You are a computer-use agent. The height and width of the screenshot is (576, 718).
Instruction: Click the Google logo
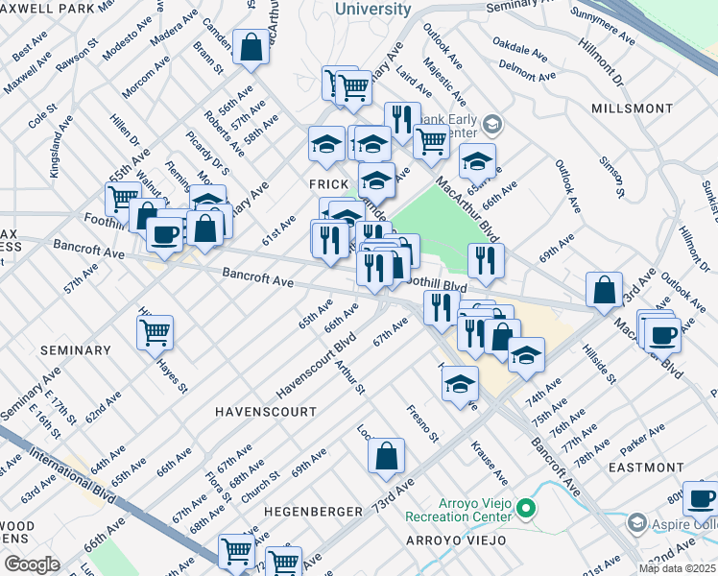point(33,564)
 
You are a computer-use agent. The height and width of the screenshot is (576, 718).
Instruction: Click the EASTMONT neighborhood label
point(645,467)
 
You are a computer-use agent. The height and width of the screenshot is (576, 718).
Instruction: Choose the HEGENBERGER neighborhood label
point(312,512)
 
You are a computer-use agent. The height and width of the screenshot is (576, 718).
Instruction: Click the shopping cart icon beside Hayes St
point(155,333)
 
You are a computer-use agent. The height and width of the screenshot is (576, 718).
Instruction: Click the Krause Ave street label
point(489,463)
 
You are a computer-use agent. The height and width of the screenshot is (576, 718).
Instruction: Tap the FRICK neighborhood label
point(326,182)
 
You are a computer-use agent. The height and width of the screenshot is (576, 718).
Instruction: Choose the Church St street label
point(260,488)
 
